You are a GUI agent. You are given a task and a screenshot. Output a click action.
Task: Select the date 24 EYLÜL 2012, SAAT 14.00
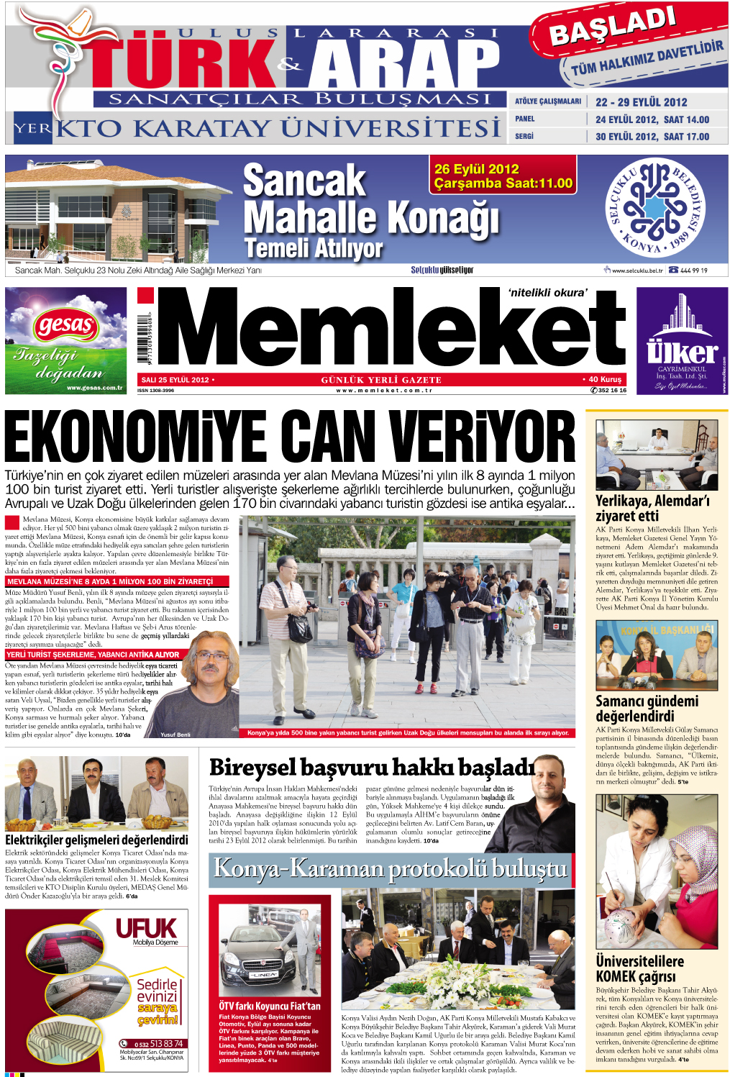(x=652, y=119)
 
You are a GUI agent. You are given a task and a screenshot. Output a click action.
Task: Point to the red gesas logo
(x=65, y=326)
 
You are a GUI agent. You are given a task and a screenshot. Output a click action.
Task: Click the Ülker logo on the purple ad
(x=681, y=352)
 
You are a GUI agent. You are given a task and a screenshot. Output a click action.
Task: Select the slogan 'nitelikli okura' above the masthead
(x=547, y=292)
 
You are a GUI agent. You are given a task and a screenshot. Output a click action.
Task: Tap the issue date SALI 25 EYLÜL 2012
(x=175, y=380)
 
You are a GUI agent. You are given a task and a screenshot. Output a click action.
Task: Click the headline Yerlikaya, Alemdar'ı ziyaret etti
(x=652, y=508)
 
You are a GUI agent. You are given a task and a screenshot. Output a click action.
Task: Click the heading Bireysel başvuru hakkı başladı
(x=371, y=768)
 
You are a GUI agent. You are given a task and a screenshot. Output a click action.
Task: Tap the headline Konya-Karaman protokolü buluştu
(x=391, y=869)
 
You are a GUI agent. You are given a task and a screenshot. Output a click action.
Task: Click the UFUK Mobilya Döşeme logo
(x=147, y=931)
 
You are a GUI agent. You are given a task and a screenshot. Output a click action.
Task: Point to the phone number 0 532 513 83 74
(x=158, y=1043)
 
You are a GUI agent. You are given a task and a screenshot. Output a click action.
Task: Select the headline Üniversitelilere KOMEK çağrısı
(x=639, y=968)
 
